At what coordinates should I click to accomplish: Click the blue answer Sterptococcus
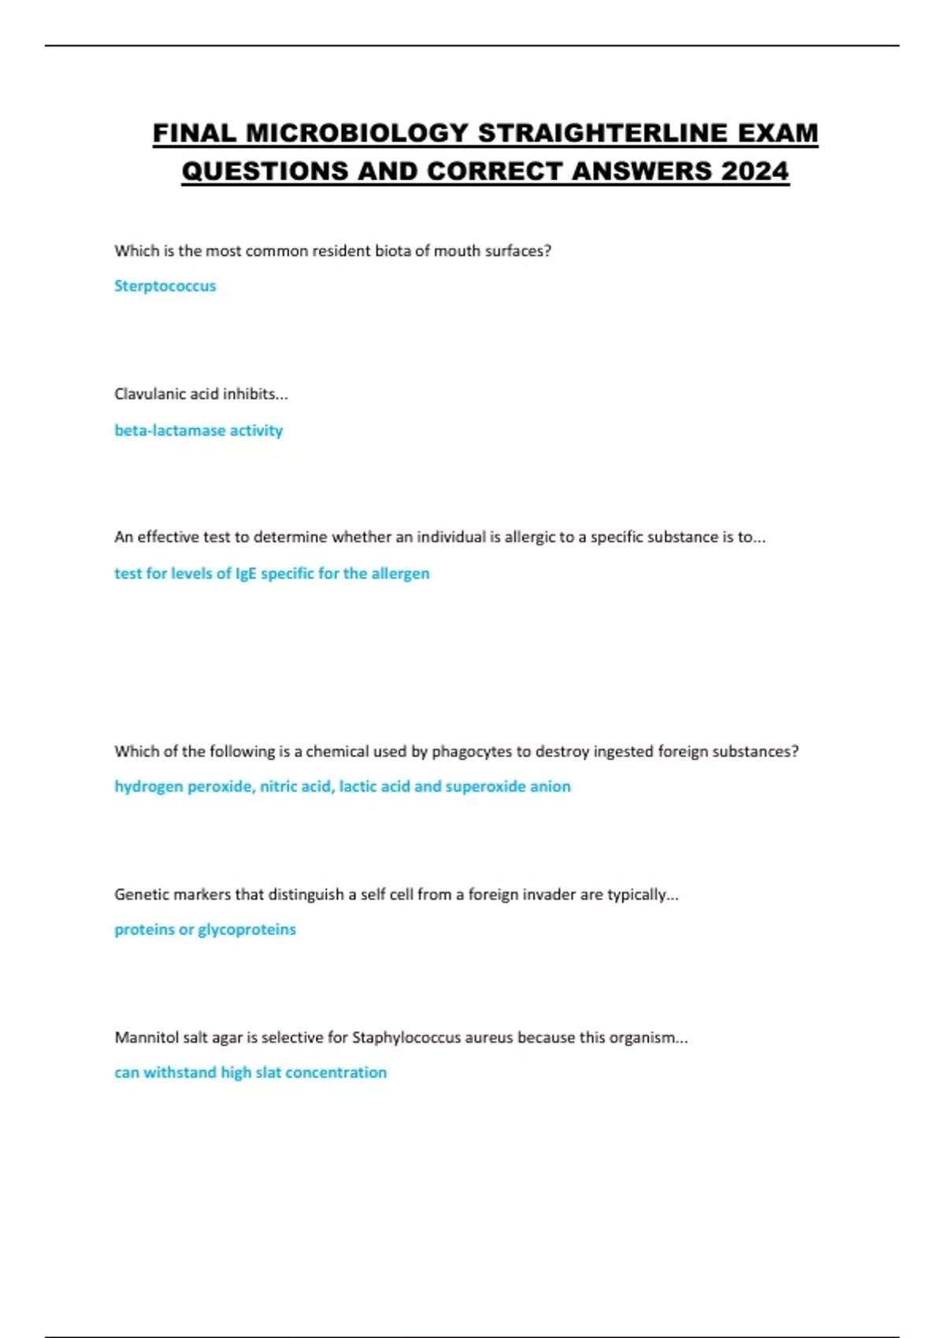click(165, 286)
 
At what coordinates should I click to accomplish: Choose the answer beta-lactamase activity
click(198, 431)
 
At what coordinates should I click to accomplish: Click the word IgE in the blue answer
click(246, 574)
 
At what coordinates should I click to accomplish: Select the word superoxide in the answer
click(485, 786)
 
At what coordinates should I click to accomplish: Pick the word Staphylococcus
click(406, 1037)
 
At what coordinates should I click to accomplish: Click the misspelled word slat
click(268, 1073)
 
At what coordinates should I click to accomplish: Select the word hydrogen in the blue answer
click(147, 786)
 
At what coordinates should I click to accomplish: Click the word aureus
click(489, 1037)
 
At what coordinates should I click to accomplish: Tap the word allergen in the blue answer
click(400, 574)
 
